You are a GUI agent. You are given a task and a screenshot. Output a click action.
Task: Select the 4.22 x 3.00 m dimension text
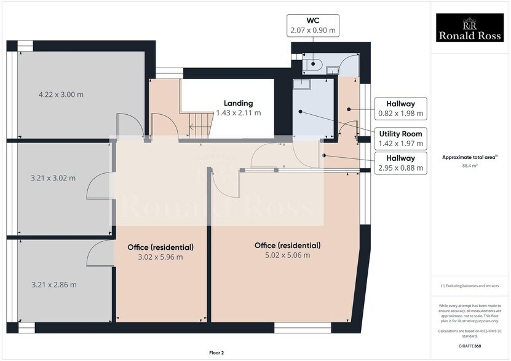(x=61, y=95)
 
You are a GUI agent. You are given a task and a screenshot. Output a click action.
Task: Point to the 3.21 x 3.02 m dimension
(x=53, y=179)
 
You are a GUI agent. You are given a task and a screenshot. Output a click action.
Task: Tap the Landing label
(x=238, y=103)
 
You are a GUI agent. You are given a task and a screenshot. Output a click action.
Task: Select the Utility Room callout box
(x=401, y=138)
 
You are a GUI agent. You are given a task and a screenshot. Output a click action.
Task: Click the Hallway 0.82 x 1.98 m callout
(x=401, y=109)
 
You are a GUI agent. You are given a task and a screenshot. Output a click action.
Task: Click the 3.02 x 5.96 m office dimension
(x=160, y=257)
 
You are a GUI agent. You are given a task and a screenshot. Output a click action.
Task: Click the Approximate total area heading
(x=469, y=158)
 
